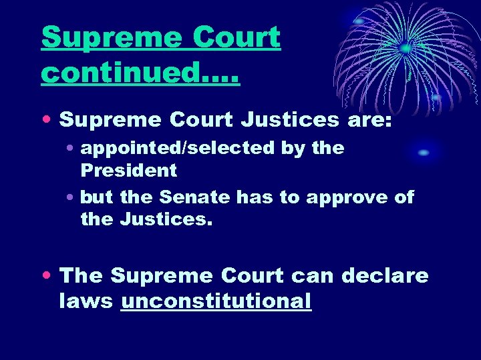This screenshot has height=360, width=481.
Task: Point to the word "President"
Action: pos(129,170)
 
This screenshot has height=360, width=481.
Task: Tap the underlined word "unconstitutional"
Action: pos(216,301)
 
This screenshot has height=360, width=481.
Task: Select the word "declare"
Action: pos(385,275)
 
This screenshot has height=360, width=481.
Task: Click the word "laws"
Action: pos(87,301)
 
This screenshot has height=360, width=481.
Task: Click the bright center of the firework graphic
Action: pos(406,48)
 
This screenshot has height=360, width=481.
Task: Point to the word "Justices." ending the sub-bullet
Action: pos(166,219)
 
